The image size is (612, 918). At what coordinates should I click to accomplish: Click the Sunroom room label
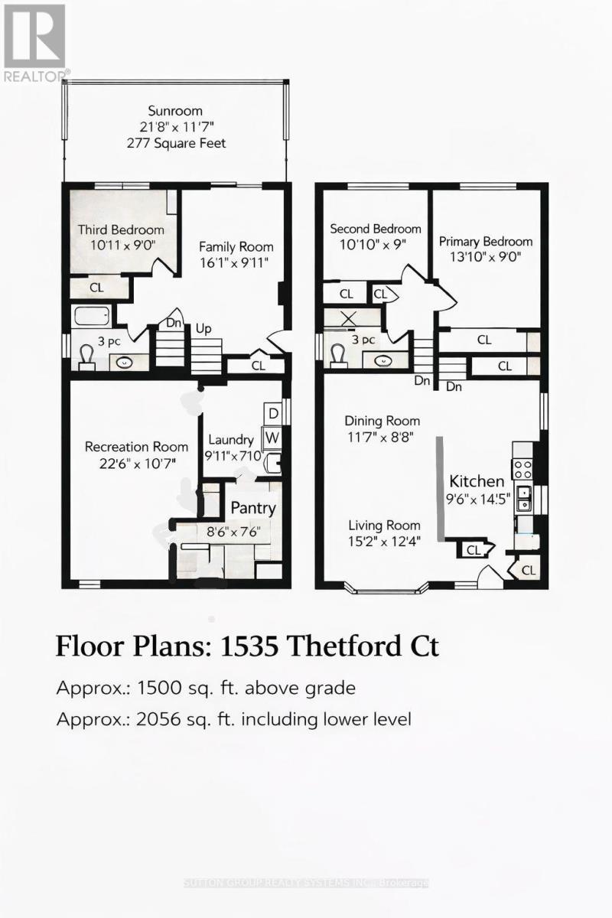[177, 110]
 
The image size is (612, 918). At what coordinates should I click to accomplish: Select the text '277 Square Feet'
[177, 143]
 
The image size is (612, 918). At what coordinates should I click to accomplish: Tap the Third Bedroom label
[121, 229]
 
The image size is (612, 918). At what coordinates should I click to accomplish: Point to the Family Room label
[236, 247]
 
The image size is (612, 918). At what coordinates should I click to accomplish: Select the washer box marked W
[272, 438]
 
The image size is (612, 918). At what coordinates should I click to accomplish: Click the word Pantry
[253, 508]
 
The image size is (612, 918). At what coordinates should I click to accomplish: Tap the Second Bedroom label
[375, 229]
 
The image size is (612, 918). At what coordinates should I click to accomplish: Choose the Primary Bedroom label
[485, 242]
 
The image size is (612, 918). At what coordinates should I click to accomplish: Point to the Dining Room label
[382, 421]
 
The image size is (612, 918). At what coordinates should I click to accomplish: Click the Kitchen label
[476, 481]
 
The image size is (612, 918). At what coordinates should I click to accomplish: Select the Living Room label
[384, 525]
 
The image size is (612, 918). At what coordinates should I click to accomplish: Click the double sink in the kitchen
[524, 499]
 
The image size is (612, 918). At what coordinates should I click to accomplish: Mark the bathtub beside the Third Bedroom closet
[91, 316]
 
